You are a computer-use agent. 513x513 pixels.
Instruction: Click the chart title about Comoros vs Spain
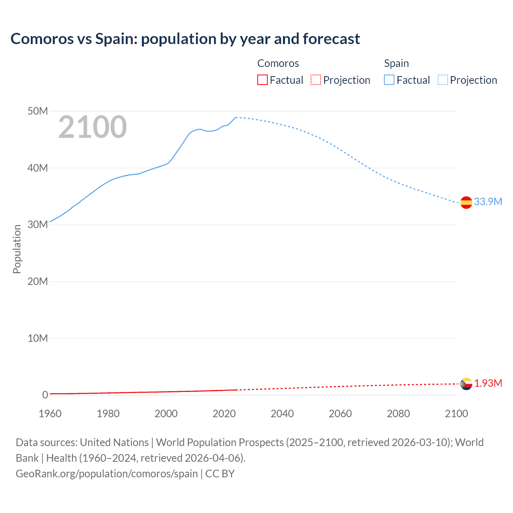click(185, 39)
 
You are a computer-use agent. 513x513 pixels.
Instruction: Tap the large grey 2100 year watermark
click(93, 127)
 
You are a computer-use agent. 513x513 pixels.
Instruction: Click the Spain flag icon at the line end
click(466, 203)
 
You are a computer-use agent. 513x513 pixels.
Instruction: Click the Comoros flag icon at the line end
click(466, 384)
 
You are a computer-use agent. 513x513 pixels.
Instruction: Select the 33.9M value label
click(488, 202)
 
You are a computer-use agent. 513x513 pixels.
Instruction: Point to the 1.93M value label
click(488, 384)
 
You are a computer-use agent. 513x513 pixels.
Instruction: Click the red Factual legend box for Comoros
click(263, 80)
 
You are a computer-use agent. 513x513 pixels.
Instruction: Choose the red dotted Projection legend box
click(316, 80)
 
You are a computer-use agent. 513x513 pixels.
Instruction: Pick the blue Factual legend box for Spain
click(389, 80)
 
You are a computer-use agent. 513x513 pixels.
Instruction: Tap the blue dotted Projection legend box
click(443, 80)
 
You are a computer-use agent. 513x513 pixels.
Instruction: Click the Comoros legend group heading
click(278, 63)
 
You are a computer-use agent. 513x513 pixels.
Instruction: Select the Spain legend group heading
click(396, 63)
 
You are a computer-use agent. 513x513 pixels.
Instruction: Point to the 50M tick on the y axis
click(38, 111)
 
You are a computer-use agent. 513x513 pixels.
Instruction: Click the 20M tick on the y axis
click(38, 281)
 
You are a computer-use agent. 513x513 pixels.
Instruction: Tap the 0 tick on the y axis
click(45, 395)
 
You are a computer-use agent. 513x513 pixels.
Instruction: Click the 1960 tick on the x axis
click(50, 414)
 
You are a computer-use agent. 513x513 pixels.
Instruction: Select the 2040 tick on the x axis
click(282, 414)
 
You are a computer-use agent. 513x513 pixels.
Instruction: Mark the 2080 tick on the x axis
click(398, 414)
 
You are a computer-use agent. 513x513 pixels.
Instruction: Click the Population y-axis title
click(17, 249)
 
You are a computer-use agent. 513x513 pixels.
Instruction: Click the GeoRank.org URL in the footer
click(107, 474)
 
